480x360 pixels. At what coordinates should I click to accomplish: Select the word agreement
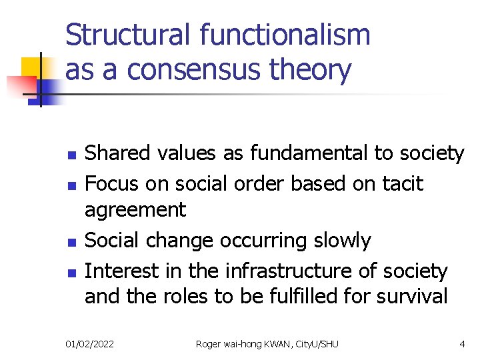(135, 211)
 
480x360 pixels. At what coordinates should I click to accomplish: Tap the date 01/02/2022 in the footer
(90, 343)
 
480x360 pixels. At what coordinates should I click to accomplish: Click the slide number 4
(462, 343)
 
